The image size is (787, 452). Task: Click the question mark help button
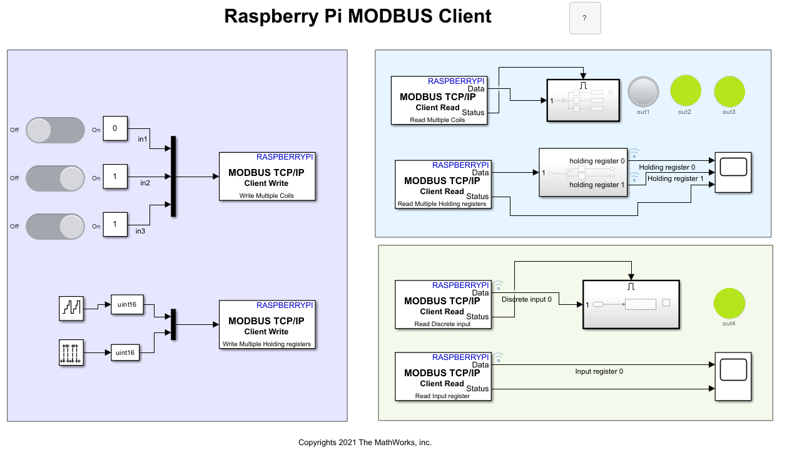[585, 18]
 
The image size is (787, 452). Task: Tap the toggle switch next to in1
[56, 130]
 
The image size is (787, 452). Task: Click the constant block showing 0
[115, 129]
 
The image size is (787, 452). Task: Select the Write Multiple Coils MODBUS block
[267, 177]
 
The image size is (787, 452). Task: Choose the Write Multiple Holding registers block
[267, 324]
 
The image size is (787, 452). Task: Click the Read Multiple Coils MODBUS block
[439, 100]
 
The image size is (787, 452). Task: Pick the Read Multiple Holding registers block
[443, 184]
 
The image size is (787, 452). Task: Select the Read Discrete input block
[443, 304]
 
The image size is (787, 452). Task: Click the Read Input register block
[443, 376]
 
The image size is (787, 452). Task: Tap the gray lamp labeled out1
[643, 91]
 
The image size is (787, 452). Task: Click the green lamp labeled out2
[686, 91]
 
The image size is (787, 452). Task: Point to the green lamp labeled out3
[729, 91]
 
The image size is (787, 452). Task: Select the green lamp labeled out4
[729, 304]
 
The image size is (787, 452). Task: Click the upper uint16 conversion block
[126, 305]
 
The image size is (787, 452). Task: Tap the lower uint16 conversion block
[126, 353]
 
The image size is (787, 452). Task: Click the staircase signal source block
[71, 309]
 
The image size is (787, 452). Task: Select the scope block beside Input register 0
[733, 376]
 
